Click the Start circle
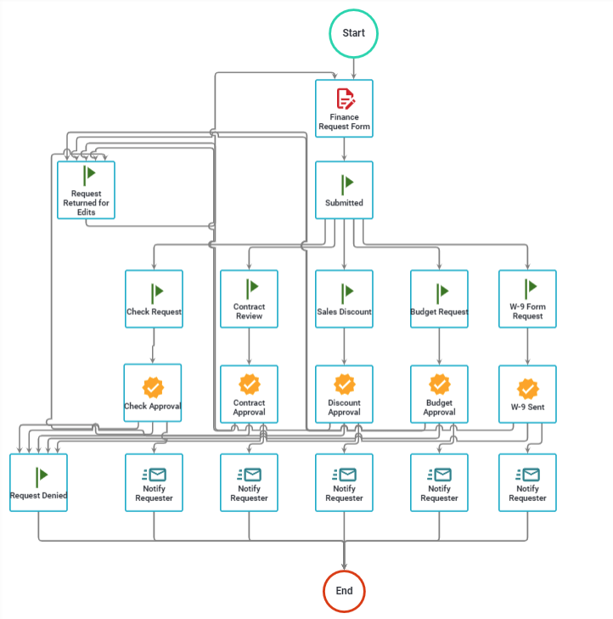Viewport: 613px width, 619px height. (353, 33)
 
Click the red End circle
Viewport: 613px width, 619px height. (344, 591)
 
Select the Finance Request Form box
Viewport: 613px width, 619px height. (344, 109)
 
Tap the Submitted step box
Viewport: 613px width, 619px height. (344, 190)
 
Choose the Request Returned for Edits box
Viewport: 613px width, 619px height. (86, 190)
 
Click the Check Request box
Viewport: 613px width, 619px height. (154, 299)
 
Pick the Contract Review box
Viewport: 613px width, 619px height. (249, 299)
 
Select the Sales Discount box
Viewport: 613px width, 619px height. (344, 299)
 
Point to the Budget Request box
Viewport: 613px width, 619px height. (439, 299)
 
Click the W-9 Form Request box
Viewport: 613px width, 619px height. (527, 299)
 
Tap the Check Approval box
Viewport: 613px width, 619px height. (153, 393)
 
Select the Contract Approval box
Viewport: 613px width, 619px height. (249, 394)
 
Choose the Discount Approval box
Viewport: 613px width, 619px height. (344, 394)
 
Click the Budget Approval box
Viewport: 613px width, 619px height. (439, 394)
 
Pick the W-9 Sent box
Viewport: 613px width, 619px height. (527, 394)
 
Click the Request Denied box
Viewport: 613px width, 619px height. (38, 482)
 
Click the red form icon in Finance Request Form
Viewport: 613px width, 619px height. (345, 98)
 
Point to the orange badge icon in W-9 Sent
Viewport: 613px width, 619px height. (528, 388)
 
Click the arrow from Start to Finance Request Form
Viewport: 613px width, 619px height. (353, 69)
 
